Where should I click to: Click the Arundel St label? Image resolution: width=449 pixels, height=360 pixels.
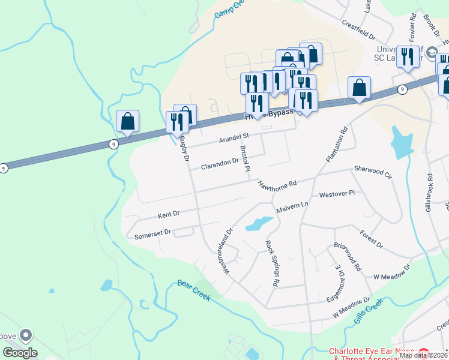pyautogui.click(x=233, y=138)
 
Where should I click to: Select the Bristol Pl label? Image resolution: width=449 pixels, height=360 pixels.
pyautogui.click(x=244, y=158)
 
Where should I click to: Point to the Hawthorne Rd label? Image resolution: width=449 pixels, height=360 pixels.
pyautogui.click(x=278, y=184)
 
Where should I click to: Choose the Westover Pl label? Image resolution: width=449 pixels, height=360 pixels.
pyautogui.click(x=337, y=194)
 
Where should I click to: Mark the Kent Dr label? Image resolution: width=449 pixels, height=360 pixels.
pyautogui.click(x=169, y=214)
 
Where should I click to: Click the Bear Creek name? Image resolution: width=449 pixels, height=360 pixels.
pyautogui.click(x=193, y=290)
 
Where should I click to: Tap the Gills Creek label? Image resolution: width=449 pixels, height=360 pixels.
pyautogui.click(x=367, y=314)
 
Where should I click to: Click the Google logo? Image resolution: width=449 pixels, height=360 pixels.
pyautogui.click(x=20, y=353)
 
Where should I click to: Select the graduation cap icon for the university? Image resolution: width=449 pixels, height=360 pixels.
pyautogui.click(x=431, y=53)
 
